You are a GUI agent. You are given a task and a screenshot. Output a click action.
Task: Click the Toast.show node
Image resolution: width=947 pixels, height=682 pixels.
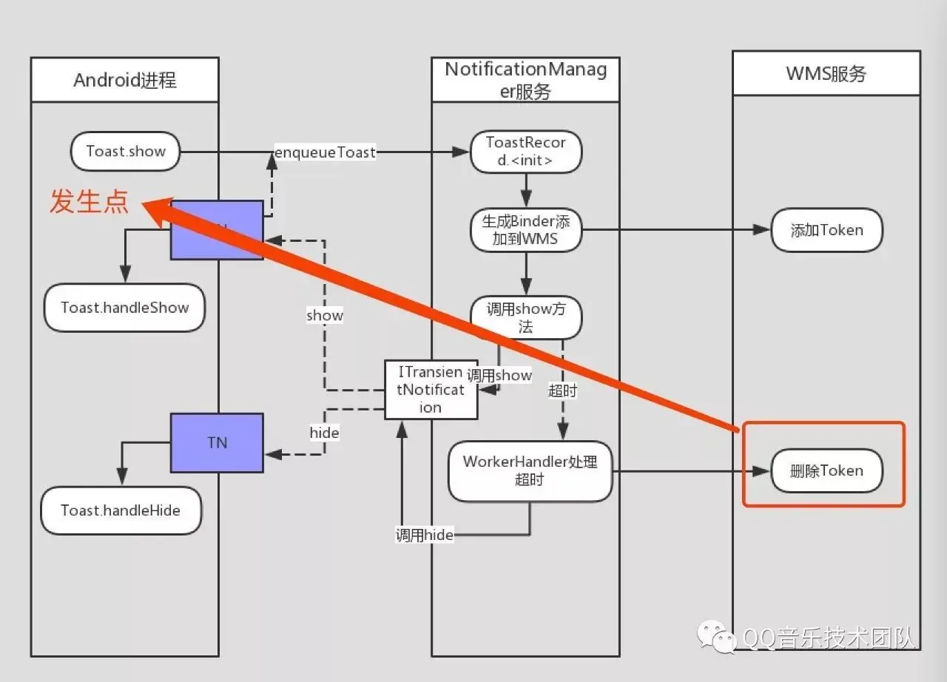coord(125,152)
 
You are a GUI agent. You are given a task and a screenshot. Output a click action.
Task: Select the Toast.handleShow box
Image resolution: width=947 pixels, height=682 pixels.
coord(124,308)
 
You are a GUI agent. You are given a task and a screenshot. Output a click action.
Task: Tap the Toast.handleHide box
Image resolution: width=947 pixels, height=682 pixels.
coord(121,510)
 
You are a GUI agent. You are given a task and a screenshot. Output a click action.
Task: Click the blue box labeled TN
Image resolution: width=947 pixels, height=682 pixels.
coord(217,443)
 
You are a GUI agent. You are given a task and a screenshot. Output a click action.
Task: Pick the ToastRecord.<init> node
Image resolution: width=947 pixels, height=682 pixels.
coord(526,152)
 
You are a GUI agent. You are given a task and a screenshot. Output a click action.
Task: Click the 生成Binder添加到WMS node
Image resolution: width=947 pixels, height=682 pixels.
coord(526,230)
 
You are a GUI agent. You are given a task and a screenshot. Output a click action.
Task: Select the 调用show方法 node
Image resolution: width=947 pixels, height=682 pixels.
coord(526,317)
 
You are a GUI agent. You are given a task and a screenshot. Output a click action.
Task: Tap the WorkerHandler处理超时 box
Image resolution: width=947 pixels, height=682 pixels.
coord(530,471)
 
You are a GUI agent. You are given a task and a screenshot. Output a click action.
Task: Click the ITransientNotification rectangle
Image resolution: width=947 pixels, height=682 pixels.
coord(431,390)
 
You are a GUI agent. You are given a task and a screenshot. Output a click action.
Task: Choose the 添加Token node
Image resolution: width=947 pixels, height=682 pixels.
coord(827,230)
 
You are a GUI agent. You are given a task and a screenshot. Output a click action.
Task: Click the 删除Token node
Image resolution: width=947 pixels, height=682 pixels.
coord(827,470)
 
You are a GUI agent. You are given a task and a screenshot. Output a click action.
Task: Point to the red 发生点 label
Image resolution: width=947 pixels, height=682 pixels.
coord(90,201)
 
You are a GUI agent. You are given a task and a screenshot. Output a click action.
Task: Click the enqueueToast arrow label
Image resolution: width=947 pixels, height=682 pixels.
coord(325,152)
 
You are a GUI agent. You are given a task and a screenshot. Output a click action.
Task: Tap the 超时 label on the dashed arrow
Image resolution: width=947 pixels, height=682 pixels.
coord(563,391)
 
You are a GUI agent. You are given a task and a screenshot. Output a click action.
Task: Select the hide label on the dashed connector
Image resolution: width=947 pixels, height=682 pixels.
coord(324,433)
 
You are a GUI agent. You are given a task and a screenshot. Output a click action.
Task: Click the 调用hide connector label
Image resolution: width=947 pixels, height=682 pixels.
coord(425,535)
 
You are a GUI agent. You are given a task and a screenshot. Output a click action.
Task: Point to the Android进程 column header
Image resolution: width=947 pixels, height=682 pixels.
coord(125,80)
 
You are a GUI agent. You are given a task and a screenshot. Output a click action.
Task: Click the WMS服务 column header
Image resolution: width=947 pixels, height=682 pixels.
coord(826,73)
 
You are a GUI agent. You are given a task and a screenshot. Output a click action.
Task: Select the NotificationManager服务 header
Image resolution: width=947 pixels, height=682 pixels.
coord(525,80)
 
